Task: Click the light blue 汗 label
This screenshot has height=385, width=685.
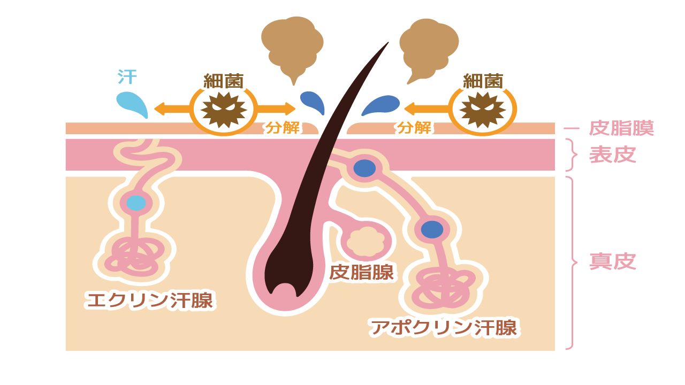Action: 127,78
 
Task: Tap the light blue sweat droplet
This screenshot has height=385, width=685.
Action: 133,105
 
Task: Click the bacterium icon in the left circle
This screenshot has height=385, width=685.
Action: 224,110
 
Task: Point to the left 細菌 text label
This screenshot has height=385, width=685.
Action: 224,82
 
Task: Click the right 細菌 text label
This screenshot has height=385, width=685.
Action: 483,82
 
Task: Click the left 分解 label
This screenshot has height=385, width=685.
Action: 284,128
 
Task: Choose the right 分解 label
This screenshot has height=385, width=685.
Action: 414,128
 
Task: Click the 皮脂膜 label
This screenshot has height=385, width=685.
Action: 621,128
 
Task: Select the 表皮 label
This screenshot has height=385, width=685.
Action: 612,155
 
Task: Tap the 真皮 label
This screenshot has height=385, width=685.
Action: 612,262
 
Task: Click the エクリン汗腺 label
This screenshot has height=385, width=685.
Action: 149,300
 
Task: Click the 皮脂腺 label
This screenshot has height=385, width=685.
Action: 361,272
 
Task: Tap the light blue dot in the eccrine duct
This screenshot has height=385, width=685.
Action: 136,203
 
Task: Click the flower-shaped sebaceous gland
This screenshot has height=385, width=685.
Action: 366,242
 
